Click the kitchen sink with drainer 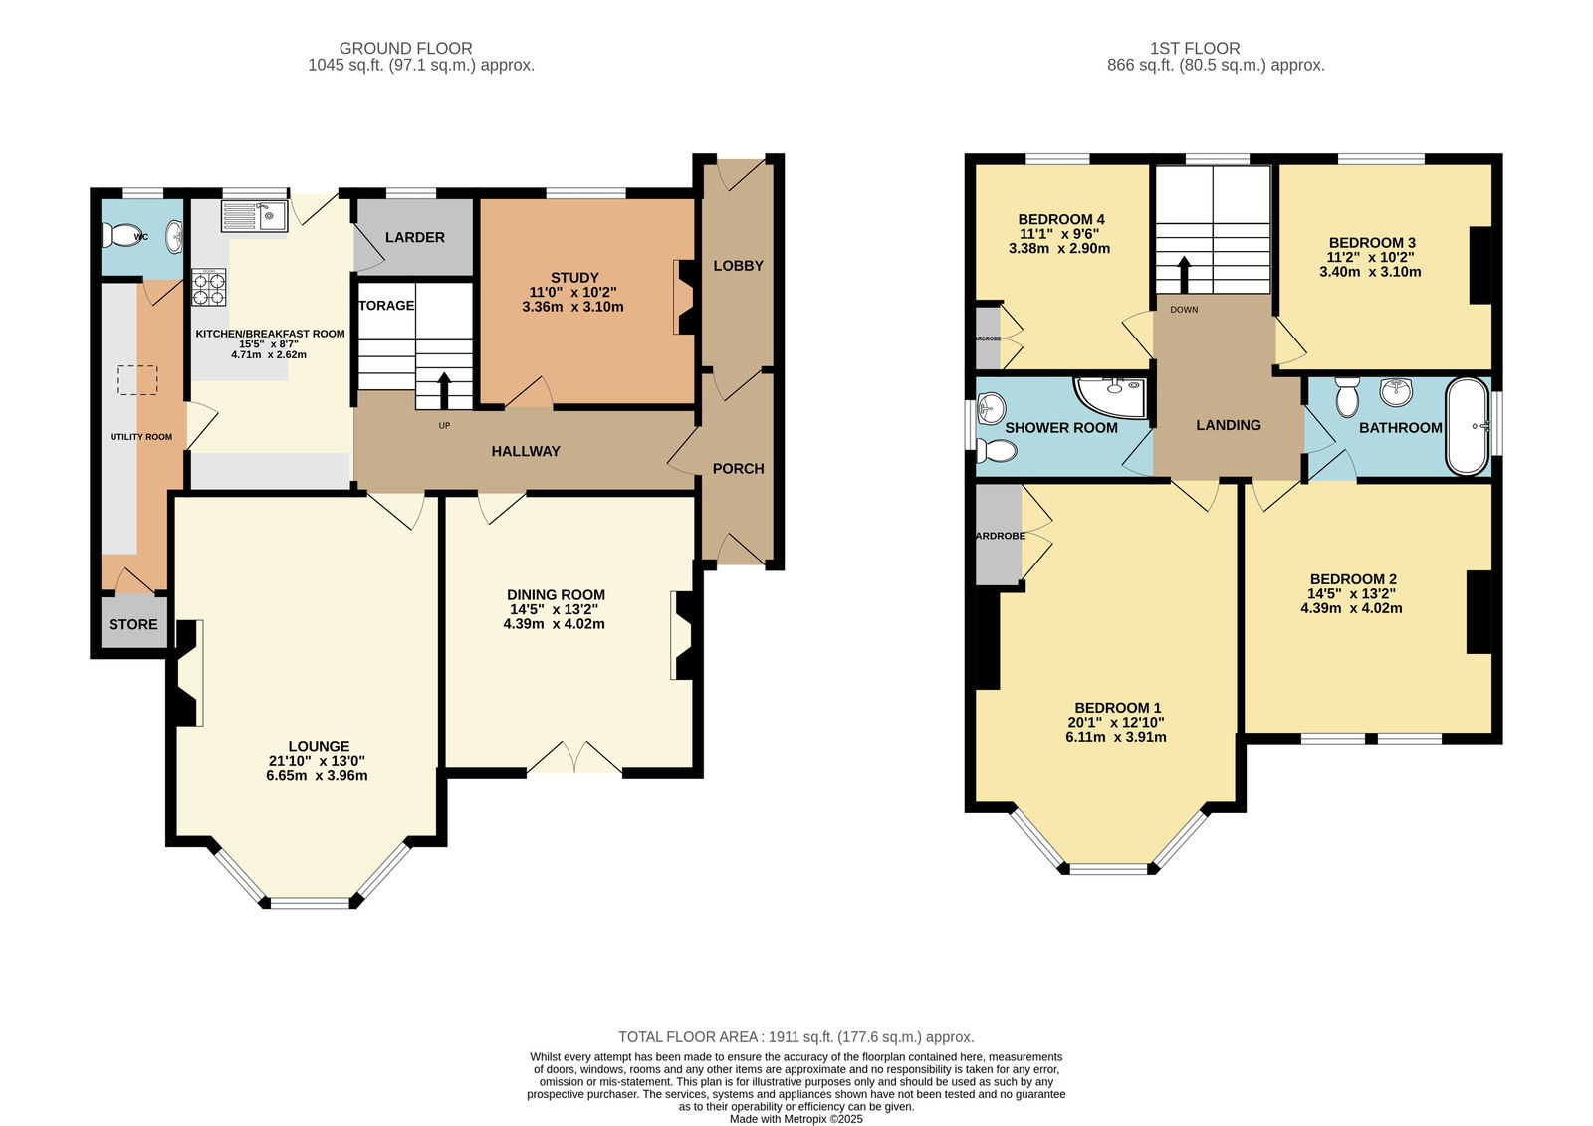pyautogui.click(x=254, y=215)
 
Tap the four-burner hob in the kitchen pyautogui.click(x=208, y=288)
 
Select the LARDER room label pyautogui.click(x=415, y=237)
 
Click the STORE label pyautogui.click(x=133, y=624)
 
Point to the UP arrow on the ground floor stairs pyautogui.click(x=444, y=390)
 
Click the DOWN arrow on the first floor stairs pyautogui.click(x=1184, y=275)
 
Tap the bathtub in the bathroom pyautogui.click(x=1468, y=426)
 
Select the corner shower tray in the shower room pyautogui.click(x=1111, y=396)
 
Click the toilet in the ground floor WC pyautogui.click(x=121, y=234)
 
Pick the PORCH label pyautogui.click(x=738, y=468)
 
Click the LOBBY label pyautogui.click(x=738, y=265)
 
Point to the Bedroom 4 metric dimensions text pyautogui.click(x=1059, y=248)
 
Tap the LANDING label pyautogui.click(x=1229, y=425)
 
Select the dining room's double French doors pyautogui.click(x=574, y=757)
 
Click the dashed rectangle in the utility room pyautogui.click(x=137, y=380)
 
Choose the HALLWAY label pyautogui.click(x=526, y=451)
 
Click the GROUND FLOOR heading pyautogui.click(x=405, y=49)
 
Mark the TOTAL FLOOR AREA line pyautogui.click(x=796, y=1037)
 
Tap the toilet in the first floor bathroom pyautogui.click(x=1347, y=397)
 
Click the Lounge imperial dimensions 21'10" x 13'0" pyautogui.click(x=318, y=761)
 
